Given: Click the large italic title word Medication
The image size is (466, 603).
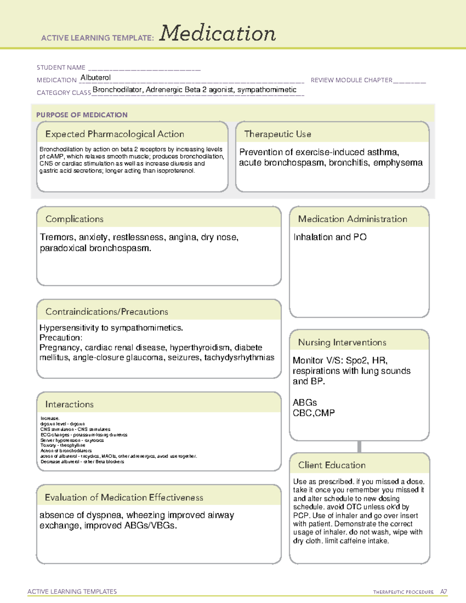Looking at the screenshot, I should tap(217, 33).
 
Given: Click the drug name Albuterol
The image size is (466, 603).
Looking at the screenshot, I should tap(96, 78).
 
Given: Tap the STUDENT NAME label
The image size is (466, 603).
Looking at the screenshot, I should tap(61, 68).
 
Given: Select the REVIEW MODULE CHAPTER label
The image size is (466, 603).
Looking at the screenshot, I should tap(351, 80).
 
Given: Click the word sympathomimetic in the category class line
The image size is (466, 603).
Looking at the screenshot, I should tap(267, 90).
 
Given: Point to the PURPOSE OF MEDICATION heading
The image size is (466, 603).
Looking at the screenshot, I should tap(82, 115).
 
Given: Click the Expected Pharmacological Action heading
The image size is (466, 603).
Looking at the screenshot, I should tap(115, 134).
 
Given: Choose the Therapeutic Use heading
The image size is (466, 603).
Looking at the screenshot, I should tap(277, 134).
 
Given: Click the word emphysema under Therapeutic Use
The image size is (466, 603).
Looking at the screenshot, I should tap(398, 163).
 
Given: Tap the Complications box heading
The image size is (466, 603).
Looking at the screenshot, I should tap(74, 219).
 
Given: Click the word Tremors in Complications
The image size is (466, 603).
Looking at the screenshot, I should tap(57, 237).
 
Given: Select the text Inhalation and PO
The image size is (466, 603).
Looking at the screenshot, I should tap(330, 237).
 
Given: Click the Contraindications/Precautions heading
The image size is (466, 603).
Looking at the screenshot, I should tap(106, 312).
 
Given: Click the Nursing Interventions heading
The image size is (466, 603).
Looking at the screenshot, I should tap(342, 342).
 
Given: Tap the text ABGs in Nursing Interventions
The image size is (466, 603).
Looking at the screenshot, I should tap(304, 403).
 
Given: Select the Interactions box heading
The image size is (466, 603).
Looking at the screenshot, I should tap(69, 405).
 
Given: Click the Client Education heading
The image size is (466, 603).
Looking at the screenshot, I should tap(332, 465).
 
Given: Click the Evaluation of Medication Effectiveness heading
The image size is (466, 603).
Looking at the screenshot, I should tap(124, 497).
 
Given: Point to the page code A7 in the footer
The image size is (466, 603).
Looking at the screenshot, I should tap(443, 592).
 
